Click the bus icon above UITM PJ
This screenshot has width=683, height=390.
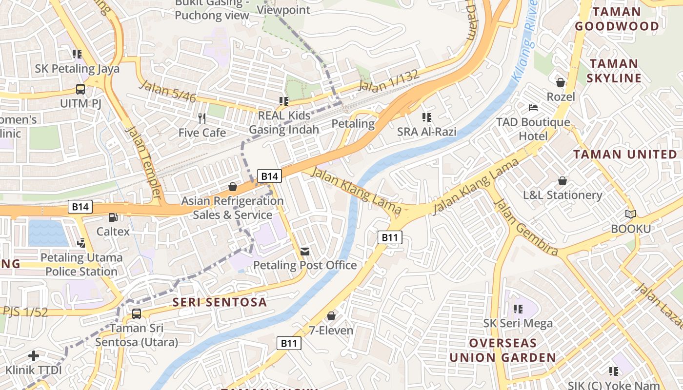point(80,89)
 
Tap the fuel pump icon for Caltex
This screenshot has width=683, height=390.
point(113,217)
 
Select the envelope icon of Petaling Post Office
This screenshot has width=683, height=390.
point(305,251)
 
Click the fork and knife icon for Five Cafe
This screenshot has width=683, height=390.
point(202,118)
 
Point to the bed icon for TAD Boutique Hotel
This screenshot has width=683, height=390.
point(533,107)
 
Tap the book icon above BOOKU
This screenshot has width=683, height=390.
point(631,214)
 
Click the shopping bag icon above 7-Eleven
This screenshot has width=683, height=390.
point(331,316)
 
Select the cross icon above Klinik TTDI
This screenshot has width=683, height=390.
point(34,355)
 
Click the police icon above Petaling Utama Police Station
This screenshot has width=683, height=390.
point(81,242)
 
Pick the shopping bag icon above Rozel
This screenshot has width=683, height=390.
point(561,82)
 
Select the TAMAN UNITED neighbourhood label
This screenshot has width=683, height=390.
point(625,155)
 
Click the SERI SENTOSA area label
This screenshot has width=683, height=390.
point(220,302)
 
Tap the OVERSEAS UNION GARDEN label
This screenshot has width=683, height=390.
point(502,350)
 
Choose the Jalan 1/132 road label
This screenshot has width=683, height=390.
point(388,81)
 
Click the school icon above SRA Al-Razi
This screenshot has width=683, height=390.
point(427,117)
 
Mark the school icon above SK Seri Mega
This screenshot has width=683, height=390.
point(518,309)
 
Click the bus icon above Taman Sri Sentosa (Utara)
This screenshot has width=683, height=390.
point(137,314)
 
